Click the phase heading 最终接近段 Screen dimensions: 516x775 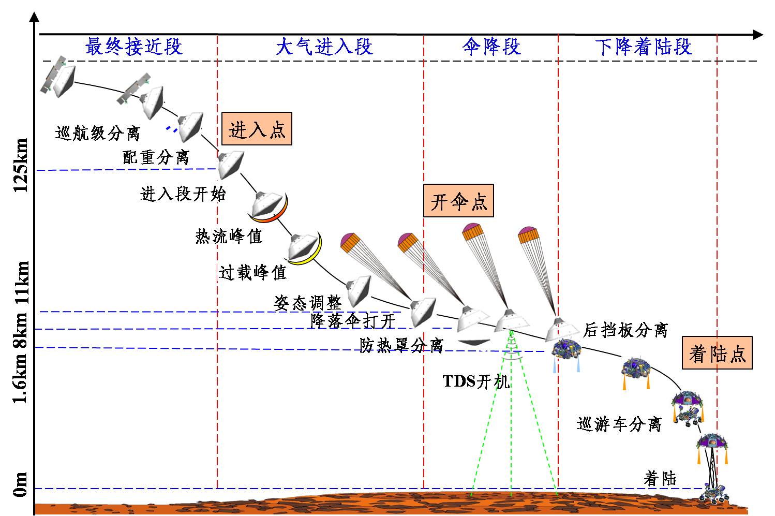pyautogui.click(x=134, y=47)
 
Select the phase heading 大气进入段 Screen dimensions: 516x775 pyautogui.click(x=324, y=47)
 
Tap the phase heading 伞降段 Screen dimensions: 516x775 pyautogui.click(x=491, y=47)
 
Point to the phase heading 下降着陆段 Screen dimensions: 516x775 pyautogui.click(x=643, y=47)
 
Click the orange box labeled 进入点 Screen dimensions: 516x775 pyautogui.click(x=257, y=128)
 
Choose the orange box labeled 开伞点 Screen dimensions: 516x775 pyautogui.click(x=458, y=200)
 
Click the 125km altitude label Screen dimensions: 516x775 pyautogui.click(x=22, y=166)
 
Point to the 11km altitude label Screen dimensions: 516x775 pyautogui.click(x=22, y=285)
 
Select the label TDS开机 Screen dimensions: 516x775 pyautogui.click(x=476, y=382)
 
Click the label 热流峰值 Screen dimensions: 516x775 pyautogui.click(x=229, y=236)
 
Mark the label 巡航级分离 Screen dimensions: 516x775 pyautogui.click(x=98, y=134)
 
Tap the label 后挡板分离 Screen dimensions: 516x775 pyautogui.click(x=625, y=330)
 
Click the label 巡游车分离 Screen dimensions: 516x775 pyautogui.click(x=619, y=424)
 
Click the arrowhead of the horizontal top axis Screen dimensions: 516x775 pyautogui.click(x=758, y=35)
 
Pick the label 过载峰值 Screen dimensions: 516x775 pyautogui.click(x=252, y=272)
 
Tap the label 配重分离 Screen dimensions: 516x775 pyautogui.click(x=156, y=157)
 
